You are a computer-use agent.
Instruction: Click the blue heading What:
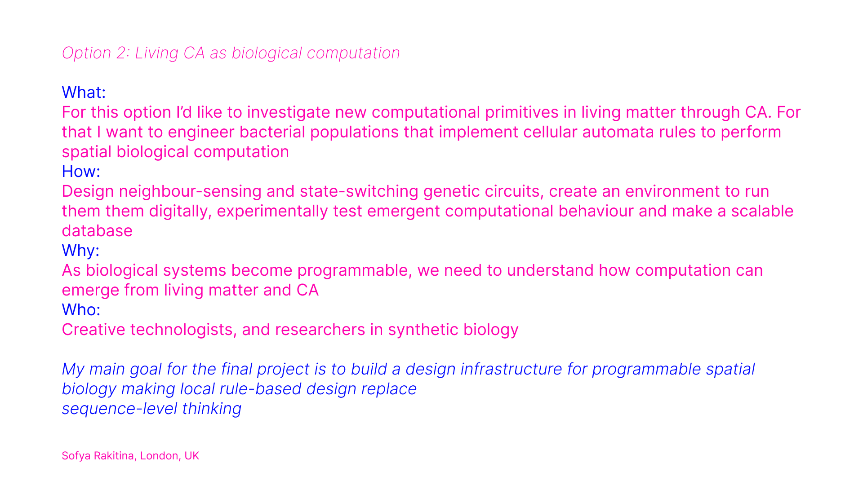[x=84, y=93]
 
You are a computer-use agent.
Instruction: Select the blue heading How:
[x=81, y=172]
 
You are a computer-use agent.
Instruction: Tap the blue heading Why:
[x=80, y=251]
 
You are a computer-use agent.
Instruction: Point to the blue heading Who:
[x=81, y=310]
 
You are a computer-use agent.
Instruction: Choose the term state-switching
[x=359, y=191]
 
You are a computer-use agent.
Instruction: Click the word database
[x=97, y=231]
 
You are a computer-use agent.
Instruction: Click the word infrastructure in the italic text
[x=511, y=369]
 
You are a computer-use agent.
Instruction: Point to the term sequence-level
[x=120, y=409]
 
